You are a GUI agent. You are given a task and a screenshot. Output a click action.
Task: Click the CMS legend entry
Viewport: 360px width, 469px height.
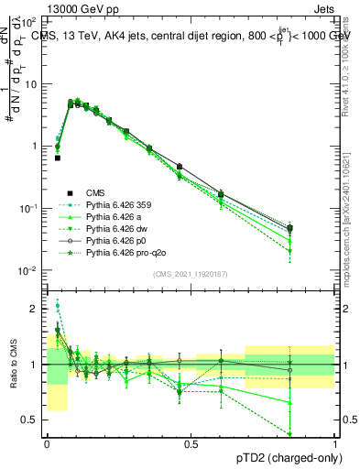pos(95,192)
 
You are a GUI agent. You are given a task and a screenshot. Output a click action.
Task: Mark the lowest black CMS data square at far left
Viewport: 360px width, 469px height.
pos(58,158)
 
